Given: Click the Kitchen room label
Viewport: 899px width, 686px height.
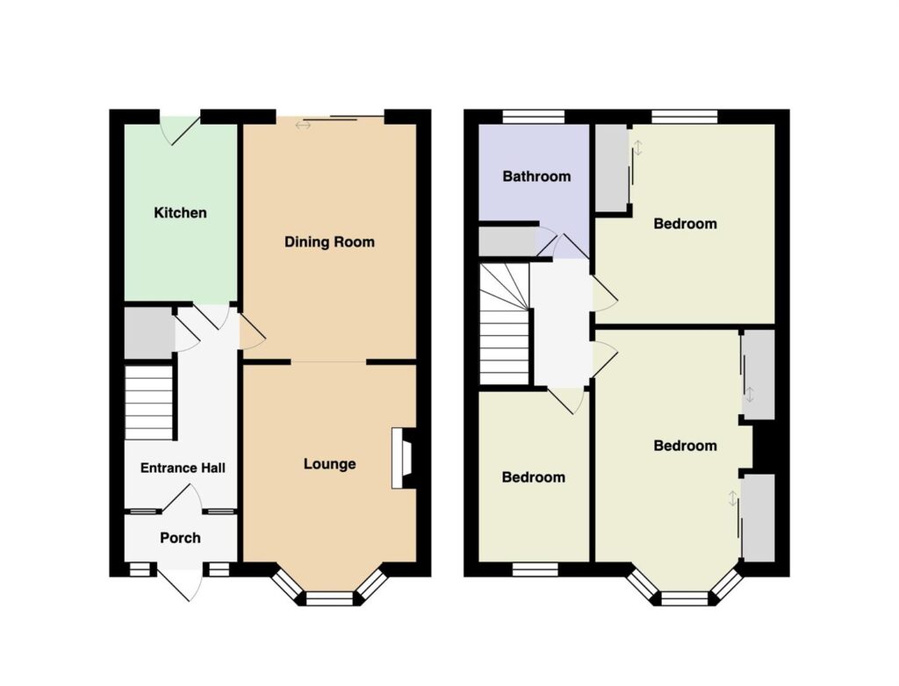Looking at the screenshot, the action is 180,212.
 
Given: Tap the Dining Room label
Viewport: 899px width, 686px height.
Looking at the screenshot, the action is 330,242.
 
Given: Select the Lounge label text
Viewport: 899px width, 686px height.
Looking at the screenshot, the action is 330,464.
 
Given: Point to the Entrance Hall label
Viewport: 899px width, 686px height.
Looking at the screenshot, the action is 183,468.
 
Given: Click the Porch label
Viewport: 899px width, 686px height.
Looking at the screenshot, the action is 180,538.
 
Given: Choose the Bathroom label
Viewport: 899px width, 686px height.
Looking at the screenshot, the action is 536,176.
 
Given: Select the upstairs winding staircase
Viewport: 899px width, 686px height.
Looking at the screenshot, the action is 504,324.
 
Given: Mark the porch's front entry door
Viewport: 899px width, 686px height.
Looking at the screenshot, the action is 179,581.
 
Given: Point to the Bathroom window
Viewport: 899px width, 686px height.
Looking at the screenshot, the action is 534,117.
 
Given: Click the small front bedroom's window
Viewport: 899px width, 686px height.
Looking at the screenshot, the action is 535,569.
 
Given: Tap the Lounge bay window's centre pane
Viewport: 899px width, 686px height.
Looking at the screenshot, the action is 329,599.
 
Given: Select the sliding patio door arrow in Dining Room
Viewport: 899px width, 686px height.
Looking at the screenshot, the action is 303,125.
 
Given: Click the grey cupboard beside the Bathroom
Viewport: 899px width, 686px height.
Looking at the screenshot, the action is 507,242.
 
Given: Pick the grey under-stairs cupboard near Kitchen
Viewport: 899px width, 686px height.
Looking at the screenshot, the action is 149,333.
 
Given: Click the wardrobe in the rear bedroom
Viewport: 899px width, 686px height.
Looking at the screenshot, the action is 612,168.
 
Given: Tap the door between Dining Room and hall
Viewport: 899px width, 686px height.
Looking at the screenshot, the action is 252,332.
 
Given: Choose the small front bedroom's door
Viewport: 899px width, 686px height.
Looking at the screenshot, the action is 566,400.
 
